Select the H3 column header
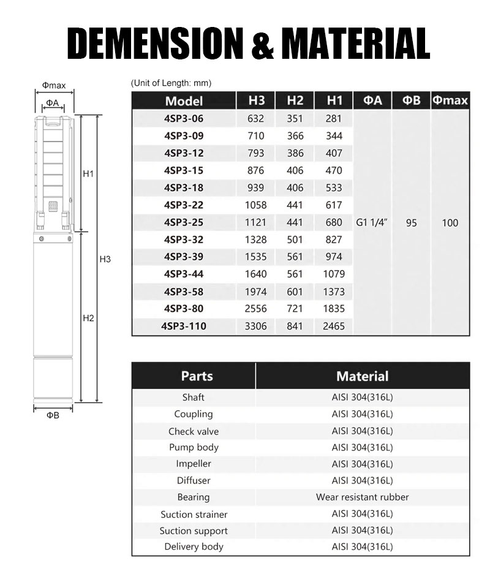click(x=257, y=100)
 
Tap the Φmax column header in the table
click(x=450, y=100)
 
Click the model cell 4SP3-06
click(x=184, y=119)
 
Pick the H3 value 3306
click(x=255, y=327)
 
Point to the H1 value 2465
click(x=334, y=327)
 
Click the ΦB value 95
click(x=411, y=223)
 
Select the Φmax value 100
click(x=450, y=223)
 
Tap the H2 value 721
click(x=295, y=309)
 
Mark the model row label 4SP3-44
click(x=184, y=274)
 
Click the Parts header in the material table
click(x=194, y=376)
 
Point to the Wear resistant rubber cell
click(x=362, y=497)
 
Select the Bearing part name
click(x=194, y=497)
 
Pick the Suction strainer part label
click(x=194, y=514)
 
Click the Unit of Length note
click(x=171, y=83)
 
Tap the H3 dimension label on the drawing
click(x=105, y=260)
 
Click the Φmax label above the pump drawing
click(x=53, y=86)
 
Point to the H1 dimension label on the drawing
click(x=88, y=174)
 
